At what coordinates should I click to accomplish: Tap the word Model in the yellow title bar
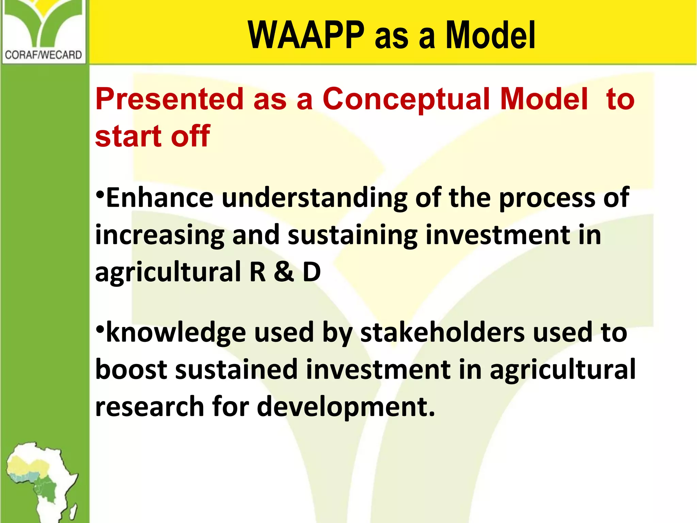click(490, 35)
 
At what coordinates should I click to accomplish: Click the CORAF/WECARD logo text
click(44, 55)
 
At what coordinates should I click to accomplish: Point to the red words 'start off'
click(152, 136)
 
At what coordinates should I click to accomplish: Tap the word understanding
click(314, 198)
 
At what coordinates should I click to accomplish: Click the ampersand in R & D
click(284, 272)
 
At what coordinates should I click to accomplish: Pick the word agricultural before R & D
click(168, 273)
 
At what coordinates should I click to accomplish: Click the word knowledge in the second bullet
click(176, 333)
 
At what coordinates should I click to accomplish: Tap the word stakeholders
click(442, 333)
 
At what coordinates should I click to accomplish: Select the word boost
click(131, 369)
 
